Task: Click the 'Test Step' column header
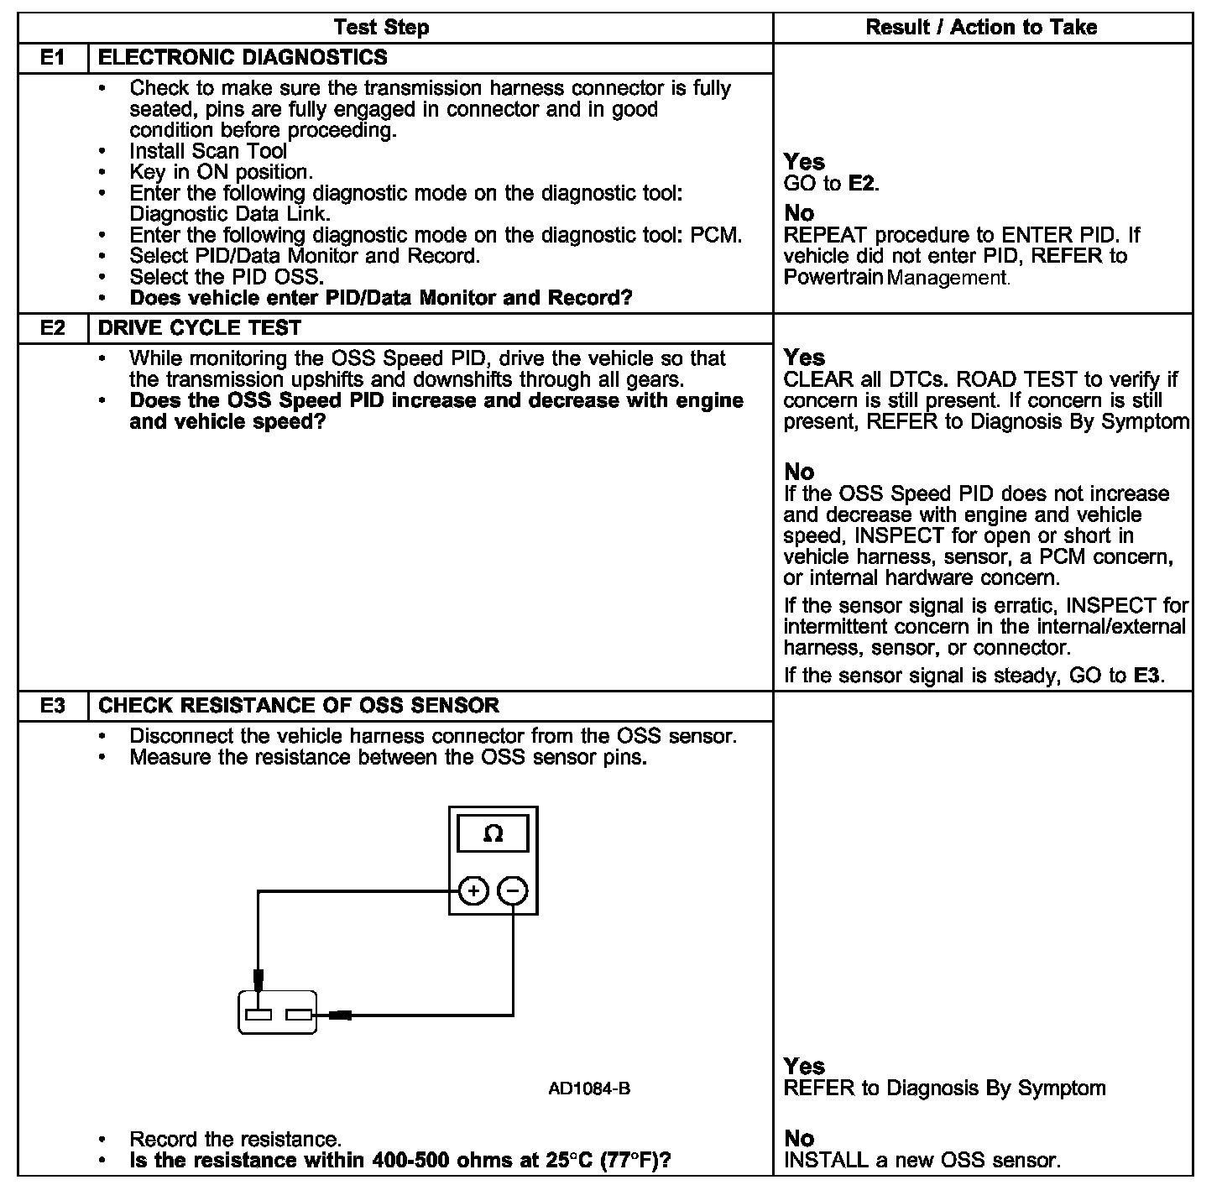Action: pyautogui.click(x=381, y=28)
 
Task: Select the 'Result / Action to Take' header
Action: pyautogui.click(x=981, y=28)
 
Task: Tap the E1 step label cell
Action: pyautogui.click(x=53, y=58)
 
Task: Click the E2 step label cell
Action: pyautogui.click(x=53, y=328)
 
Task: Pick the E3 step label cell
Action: pyautogui.click(x=53, y=706)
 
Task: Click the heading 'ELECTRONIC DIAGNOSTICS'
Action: pyautogui.click(x=243, y=58)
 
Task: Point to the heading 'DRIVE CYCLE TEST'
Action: pyautogui.click(x=200, y=328)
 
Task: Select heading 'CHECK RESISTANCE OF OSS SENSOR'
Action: pyautogui.click(x=299, y=706)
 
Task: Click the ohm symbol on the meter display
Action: pyautogui.click(x=493, y=833)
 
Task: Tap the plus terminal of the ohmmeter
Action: pyautogui.click(x=474, y=890)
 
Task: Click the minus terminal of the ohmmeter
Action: pyautogui.click(x=514, y=890)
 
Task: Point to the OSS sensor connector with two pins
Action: pyautogui.click(x=278, y=1013)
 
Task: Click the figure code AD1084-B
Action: pyautogui.click(x=589, y=1089)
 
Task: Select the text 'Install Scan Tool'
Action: pyautogui.click(x=208, y=152)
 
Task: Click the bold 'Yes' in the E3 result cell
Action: pyautogui.click(x=804, y=1067)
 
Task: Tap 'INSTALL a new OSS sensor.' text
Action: pyautogui.click(x=922, y=1161)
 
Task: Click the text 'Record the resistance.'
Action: pyautogui.click(x=235, y=1140)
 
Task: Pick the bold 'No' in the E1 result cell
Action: pyautogui.click(x=799, y=213)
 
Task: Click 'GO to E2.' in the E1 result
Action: pyautogui.click(x=831, y=184)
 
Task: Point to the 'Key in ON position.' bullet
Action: pyautogui.click(x=221, y=173)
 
